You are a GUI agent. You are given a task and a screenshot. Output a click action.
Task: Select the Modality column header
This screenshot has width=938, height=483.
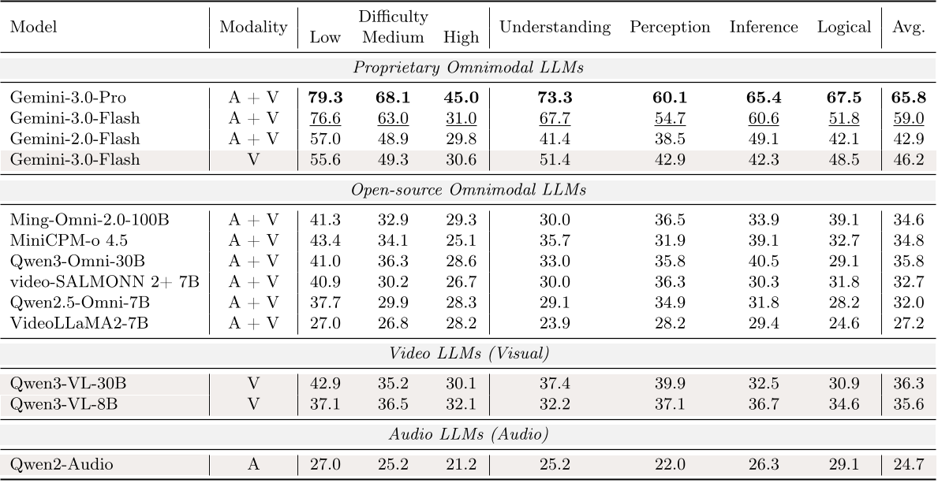pyautogui.click(x=253, y=27)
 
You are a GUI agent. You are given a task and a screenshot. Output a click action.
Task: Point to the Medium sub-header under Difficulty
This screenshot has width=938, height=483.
pyautogui.click(x=393, y=37)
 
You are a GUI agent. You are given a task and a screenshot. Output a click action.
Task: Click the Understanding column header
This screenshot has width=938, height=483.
pyautogui.click(x=555, y=27)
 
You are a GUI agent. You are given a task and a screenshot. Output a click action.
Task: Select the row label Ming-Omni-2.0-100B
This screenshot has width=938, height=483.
pyautogui.click(x=89, y=220)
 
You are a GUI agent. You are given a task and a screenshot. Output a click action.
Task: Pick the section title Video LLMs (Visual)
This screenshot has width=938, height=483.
pyautogui.click(x=469, y=353)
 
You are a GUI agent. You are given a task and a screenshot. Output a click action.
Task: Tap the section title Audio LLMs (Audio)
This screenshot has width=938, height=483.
pyautogui.click(x=469, y=433)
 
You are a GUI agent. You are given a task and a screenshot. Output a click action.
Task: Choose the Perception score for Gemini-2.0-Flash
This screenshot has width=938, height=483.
pyautogui.click(x=670, y=139)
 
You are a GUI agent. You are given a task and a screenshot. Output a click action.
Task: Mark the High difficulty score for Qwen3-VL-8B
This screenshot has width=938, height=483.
pyautogui.click(x=461, y=404)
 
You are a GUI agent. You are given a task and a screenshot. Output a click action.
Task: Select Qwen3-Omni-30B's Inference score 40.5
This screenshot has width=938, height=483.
pyautogui.click(x=764, y=261)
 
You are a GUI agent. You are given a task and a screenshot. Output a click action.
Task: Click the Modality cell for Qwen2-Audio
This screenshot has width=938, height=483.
pyautogui.click(x=253, y=465)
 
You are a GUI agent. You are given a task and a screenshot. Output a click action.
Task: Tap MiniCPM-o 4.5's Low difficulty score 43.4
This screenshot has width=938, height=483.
pyautogui.click(x=326, y=240)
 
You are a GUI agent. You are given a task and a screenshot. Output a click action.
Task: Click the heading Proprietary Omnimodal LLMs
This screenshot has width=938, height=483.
pyautogui.click(x=469, y=67)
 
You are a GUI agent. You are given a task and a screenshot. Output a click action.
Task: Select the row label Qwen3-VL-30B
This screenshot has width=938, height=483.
pyautogui.click(x=68, y=384)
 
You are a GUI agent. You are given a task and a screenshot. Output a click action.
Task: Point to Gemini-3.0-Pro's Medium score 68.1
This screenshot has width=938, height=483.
pyautogui.click(x=393, y=98)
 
